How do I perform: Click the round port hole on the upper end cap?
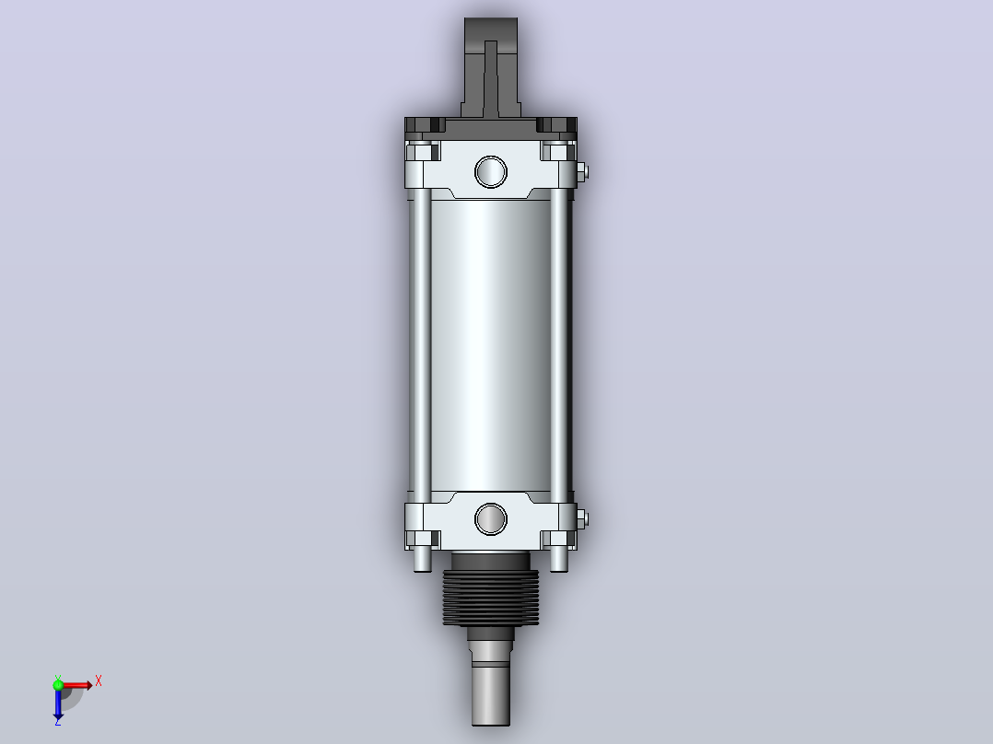point(491,171)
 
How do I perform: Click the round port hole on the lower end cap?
point(491,519)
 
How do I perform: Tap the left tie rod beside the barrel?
point(422,340)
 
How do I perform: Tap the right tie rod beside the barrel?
point(559,340)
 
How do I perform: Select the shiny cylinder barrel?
point(491,345)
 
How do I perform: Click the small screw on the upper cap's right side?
point(582,171)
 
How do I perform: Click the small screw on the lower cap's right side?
point(582,519)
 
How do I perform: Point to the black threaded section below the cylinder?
point(491,597)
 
